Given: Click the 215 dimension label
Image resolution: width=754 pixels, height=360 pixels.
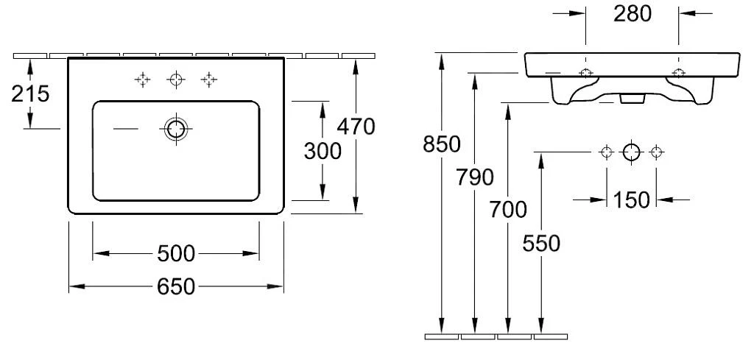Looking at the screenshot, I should pos(30,94).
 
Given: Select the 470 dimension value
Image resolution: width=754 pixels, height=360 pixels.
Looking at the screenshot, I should pos(356,127).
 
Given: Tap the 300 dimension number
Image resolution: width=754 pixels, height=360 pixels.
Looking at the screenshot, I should pos(323,151).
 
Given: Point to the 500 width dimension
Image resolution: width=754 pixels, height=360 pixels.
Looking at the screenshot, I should pos(176,254).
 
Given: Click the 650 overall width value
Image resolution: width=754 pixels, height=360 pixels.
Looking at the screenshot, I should pos(176,286).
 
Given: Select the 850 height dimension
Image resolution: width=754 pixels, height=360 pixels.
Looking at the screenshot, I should pos(442,145).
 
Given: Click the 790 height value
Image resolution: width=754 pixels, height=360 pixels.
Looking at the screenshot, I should pos(475,177).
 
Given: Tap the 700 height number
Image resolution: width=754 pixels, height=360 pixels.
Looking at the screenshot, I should pos(508,210).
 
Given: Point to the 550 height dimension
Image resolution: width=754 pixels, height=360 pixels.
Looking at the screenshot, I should pos(541,242).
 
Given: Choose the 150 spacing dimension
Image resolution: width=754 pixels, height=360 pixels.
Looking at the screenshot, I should pos(632,199).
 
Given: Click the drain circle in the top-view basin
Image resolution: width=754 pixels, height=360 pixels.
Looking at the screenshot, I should pos(176,129).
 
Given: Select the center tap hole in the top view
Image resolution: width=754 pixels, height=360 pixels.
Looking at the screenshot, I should pos(176,80).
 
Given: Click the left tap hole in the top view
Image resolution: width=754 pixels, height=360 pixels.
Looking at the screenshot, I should pos(142,80).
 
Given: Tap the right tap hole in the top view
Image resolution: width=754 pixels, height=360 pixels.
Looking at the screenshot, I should pos(210,80).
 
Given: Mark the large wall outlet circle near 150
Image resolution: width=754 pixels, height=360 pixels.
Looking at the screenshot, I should pos(632,152).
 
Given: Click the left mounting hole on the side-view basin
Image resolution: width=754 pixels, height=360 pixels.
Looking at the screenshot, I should pos(585,73).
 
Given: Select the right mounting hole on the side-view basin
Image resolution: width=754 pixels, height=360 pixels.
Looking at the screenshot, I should pos(678,73).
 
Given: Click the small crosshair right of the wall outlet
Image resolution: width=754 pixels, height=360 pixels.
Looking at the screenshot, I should pos(657,152).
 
